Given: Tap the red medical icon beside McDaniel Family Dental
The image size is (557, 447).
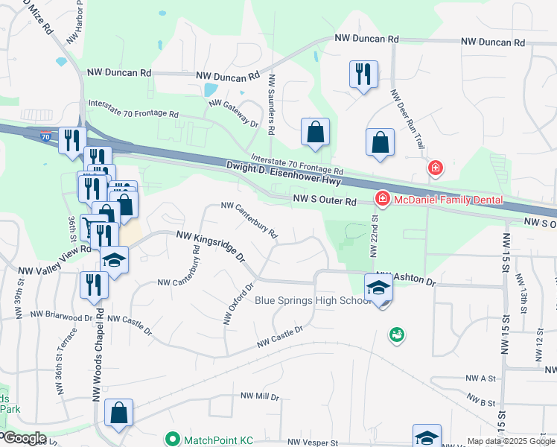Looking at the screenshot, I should point(382,199).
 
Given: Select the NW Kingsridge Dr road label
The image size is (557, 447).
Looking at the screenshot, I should point(211,246).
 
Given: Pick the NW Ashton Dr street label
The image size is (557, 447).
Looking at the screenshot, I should point(407,278).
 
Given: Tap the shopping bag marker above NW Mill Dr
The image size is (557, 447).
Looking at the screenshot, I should point(119,413).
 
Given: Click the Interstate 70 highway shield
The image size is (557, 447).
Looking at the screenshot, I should point(46,137).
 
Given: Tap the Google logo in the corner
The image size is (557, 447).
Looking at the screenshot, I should point(24,438).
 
